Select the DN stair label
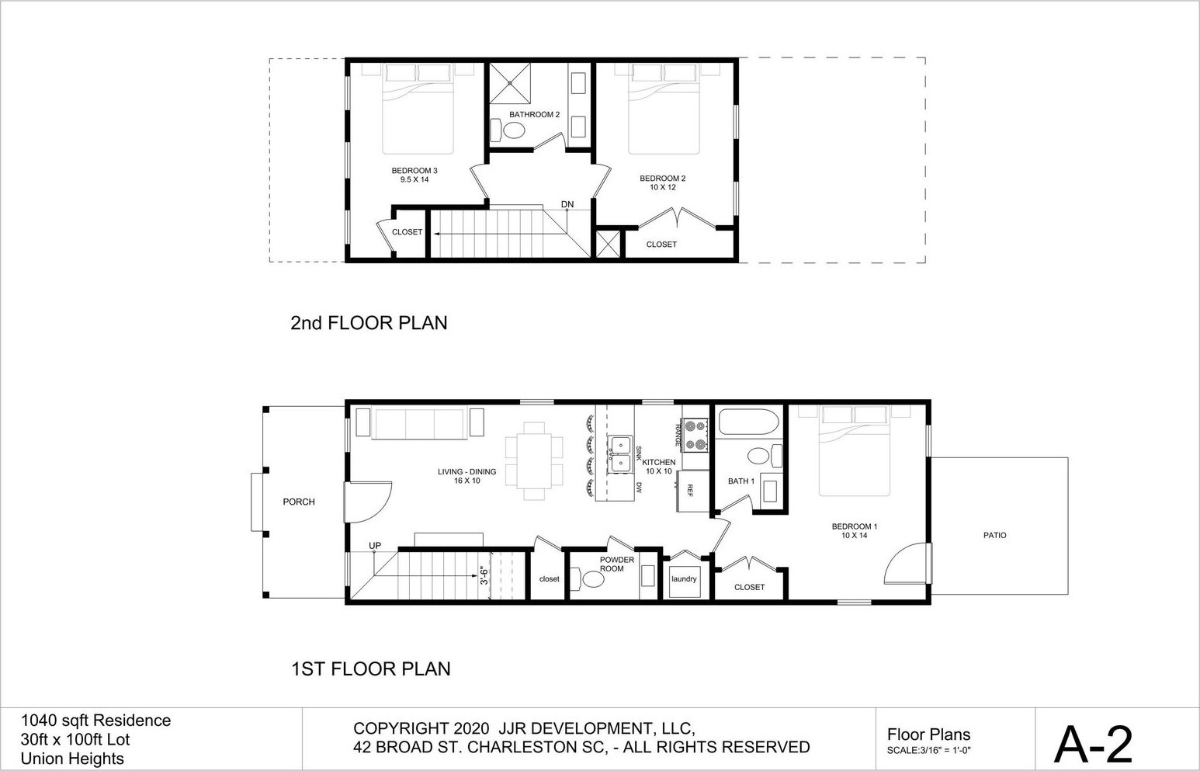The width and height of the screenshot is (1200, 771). click(567, 204)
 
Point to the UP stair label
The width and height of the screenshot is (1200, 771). click(375, 545)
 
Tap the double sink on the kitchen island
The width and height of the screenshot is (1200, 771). click(620, 454)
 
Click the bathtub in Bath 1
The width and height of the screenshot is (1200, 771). click(748, 422)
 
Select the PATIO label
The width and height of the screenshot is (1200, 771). click(995, 535)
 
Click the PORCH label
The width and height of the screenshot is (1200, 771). click(299, 502)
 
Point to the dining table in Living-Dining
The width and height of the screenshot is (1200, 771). click(534, 460)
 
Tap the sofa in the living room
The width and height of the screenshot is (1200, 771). click(420, 424)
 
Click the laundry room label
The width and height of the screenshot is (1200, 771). click(684, 578)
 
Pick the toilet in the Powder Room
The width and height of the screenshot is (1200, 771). click(588, 578)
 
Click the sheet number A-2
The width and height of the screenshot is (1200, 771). click(1094, 744)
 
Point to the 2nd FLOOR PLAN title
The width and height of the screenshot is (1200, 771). click(369, 322)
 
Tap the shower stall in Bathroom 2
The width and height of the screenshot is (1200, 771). click(509, 82)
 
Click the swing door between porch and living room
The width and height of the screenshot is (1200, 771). click(368, 502)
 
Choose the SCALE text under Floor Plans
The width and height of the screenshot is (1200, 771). click(929, 751)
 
